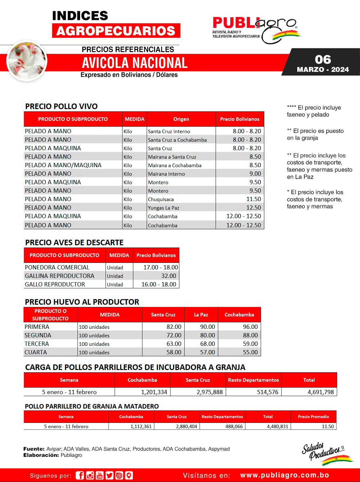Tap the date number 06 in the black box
(x=323, y=59)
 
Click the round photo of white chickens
(x=27, y=61)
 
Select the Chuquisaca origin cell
(x=161, y=199)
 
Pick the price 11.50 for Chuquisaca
(x=254, y=199)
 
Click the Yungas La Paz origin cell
(x=163, y=208)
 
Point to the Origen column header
(x=181, y=119)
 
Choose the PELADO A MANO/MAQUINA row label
(x=63, y=165)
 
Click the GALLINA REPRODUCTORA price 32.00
(x=169, y=276)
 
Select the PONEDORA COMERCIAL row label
(x=57, y=267)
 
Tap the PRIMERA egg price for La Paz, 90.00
(x=207, y=327)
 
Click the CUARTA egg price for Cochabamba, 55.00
(x=250, y=352)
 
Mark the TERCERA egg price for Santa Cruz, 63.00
(x=174, y=344)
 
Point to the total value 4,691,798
(x=320, y=392)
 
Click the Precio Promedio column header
(x=313, y=417)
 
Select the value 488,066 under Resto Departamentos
(x=234, y=426)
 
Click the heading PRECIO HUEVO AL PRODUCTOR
(x=82, y=302)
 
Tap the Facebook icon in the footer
(x=79, y=475)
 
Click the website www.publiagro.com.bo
(x=285, y=475)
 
